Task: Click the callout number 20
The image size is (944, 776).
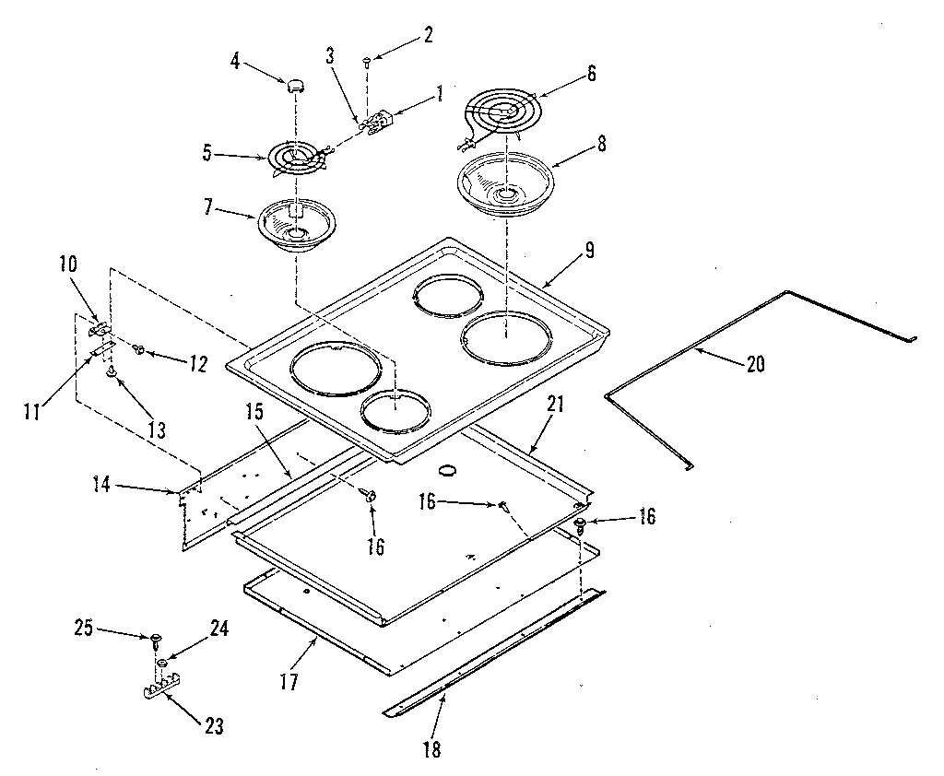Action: (755, 363)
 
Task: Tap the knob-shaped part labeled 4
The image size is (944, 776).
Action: (294, 87)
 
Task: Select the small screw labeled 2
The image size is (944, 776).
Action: (367, 62)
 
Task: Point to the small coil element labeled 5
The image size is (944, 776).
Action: (297, 158)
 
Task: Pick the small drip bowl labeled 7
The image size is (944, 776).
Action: (295, 226)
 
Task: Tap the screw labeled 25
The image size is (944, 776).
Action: (155, 638)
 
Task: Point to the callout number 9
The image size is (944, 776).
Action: (588, 250)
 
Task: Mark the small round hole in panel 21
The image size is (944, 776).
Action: (448, 471)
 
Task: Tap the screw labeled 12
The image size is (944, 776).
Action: (137, 349)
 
